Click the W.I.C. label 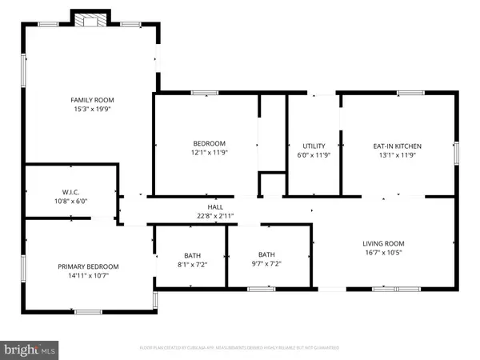pos(70,192)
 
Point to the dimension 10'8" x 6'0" pos(70,202)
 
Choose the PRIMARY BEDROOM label pos(88,266)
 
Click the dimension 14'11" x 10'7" pos(88,276)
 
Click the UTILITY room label pos(313,146)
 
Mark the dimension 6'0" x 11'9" pos(313,155)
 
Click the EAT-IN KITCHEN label pos(397,146)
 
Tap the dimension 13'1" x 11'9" pos(397,155)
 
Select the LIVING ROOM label pos(384,243)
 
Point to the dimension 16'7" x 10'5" pos(384,253)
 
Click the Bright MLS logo pos(30,350)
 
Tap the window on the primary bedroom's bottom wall pos(88,311)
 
